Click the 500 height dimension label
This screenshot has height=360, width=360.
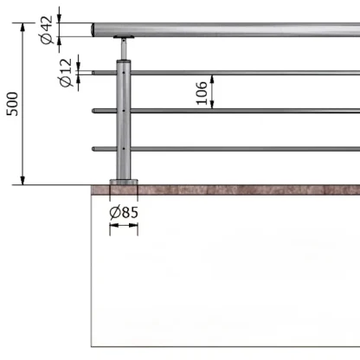(12, 104)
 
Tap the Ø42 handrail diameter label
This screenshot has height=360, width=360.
(47, 30)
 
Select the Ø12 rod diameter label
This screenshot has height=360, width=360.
(66, 73)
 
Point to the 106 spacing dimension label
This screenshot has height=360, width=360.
(202, 93)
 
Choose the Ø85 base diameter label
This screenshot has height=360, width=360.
(124, 213)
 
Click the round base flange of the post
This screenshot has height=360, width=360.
(124, 183)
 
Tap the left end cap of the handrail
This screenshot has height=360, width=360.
(93, 29)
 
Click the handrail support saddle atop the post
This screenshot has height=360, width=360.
(124, 37)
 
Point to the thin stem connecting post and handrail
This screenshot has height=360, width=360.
(124, 49)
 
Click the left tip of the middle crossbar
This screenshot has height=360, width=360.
(93, 111)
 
